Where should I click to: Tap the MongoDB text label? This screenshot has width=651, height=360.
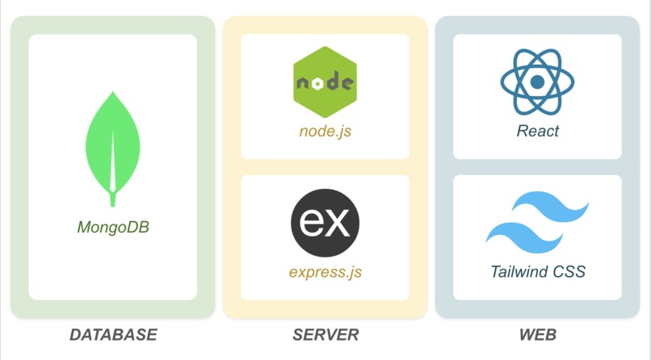(x=113, y=227)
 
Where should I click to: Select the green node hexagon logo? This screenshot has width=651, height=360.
(x=325, y=82)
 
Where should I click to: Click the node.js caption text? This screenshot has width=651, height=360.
(x=325, y=131)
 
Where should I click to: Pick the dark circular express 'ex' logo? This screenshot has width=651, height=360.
(x=325, y=223)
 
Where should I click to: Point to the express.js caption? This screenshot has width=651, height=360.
(x=325, y=271)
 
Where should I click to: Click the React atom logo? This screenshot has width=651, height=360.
(x=537, y=82)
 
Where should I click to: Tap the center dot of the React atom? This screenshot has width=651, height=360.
(x=537, y=82)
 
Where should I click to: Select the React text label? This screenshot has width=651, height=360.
(x=537, y=131)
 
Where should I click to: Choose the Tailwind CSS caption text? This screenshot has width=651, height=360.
(x=537, y=271)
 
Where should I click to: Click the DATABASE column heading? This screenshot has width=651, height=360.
(x=113, y=334)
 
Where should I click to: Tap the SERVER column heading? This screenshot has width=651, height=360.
(x=325, y=334)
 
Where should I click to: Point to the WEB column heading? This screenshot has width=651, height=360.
(x=537, y=334)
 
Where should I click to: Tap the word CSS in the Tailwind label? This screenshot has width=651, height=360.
(x=568, y=271)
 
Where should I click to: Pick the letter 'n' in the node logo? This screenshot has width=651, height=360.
(x=302, y=83)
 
